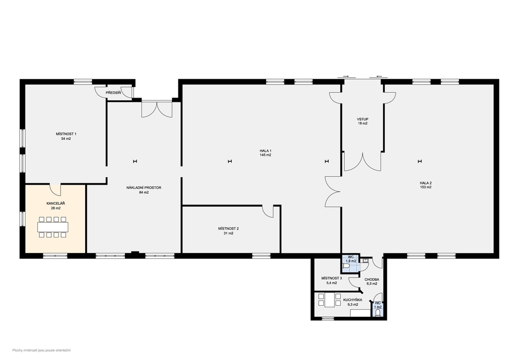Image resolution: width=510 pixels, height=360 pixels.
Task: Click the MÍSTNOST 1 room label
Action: (x=66, y=134)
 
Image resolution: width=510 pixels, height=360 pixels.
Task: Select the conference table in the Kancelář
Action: (x=53, y=227)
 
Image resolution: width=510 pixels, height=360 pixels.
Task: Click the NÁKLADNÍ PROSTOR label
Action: (x=144, y=188)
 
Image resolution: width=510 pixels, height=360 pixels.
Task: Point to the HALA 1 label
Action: (x=265, y=151)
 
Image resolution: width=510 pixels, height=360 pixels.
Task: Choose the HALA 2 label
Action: (x=425, y=183)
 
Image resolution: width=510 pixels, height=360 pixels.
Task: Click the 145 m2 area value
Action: (x=265, y=155)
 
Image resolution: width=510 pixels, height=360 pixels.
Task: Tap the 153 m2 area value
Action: (x=425, y=187)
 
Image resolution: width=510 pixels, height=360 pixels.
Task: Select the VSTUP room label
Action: (x=363, y=120)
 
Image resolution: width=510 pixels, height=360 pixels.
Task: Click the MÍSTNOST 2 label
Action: (x=229, y=229)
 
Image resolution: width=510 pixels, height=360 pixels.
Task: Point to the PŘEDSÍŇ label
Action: (x=114, y=93)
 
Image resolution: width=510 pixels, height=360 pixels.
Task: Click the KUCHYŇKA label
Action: (x=353, y=300)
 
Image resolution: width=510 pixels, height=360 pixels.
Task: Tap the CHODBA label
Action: (x=372, y=279)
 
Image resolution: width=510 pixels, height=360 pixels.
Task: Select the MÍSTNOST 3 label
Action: (x=331, y=278)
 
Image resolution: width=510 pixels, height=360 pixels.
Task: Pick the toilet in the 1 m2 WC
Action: (x=378, y=313)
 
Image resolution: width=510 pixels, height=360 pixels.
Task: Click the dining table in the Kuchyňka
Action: (x=330, y=300)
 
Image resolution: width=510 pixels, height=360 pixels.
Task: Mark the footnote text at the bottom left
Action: (x=42, y=350)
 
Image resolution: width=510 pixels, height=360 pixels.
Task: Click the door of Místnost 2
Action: (x=268, y=212)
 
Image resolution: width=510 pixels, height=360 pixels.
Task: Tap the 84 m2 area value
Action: (x=144, y=192)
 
